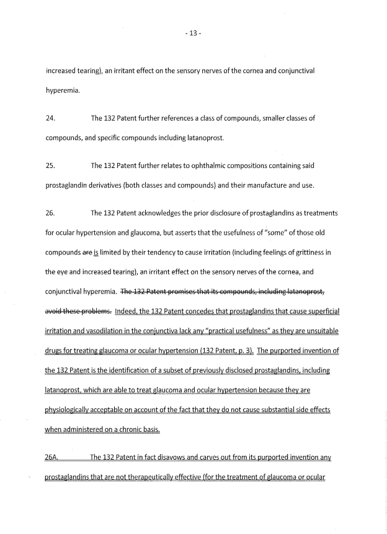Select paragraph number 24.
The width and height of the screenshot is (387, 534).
pyautogui.click(x=51, y=118)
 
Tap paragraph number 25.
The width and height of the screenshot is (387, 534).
pyautogui.click(x=51, y=165)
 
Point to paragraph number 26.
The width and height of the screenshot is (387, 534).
pyautogui.click(x=51, y=213)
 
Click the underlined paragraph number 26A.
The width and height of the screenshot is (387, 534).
pyautogui.click(x=52, y=457)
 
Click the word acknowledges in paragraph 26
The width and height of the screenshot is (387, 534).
pyautogui.click(x=162, y=213)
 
